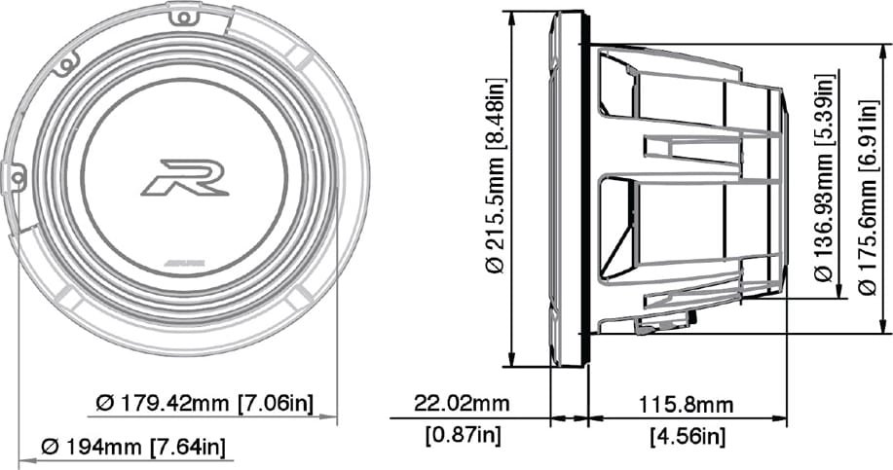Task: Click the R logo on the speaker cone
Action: pos(185,177)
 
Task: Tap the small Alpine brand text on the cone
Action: pos(186,264)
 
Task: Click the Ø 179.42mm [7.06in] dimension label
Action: pos(205,404)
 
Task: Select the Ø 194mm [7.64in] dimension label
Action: pos(132,447)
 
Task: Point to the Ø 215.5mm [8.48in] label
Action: pos(496,175)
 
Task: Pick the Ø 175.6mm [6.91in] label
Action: pos(868,197)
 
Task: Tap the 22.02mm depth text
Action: pos(462,404)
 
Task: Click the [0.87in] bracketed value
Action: pos(463,436)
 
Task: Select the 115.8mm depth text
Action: pos(686,405)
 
